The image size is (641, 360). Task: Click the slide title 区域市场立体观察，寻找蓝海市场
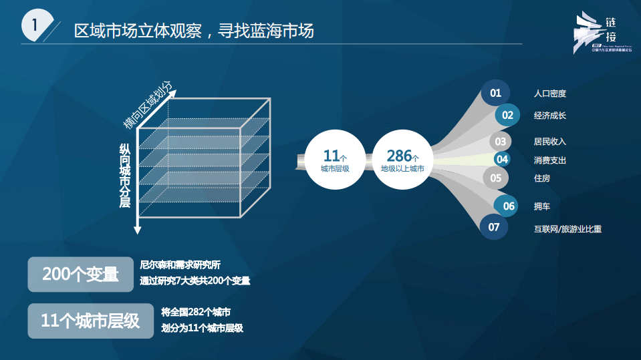[x=194, y=31]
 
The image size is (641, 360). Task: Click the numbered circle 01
[x=495, y=94]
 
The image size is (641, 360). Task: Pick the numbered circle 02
[x=508, y=115]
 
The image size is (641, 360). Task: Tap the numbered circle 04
[x=502, y=159]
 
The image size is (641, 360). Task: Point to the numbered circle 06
[x=509, y=206]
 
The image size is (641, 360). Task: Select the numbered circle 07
[x=494, y=227]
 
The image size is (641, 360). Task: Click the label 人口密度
[x=550, y=94]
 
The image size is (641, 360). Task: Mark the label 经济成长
[x=550, y=116]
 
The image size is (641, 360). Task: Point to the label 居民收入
[x=550, y=142]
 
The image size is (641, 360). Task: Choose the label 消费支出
[x=550, y=160]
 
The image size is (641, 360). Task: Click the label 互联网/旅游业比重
[x=567, y=229]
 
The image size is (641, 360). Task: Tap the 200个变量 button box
[x=81, y=275]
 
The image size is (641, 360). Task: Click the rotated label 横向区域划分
[x=148, y=104]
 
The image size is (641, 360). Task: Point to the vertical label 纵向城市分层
[x=125, y=175]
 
